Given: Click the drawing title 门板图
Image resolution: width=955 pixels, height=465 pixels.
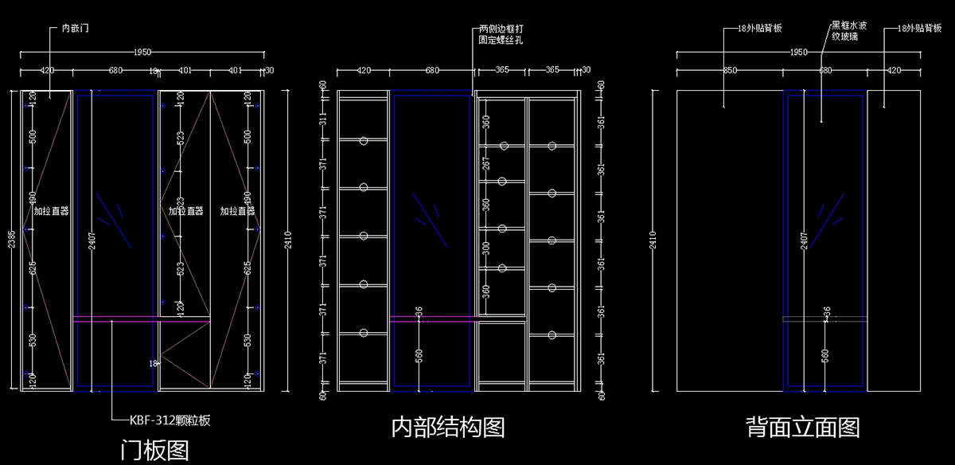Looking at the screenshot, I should click(154, 451).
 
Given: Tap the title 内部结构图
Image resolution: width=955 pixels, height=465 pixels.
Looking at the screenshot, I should click(448, 428).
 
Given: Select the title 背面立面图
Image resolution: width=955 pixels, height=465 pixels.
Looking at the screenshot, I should click(803, 428).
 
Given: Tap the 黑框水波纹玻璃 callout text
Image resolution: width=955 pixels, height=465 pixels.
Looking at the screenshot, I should click(849, 31).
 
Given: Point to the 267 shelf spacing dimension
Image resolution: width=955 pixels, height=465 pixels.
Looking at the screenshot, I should click(485, 163).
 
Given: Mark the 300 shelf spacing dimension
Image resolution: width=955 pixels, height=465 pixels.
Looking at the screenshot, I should click(485, 249).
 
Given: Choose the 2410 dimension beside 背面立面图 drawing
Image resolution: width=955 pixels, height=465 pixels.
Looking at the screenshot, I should click(653, 240).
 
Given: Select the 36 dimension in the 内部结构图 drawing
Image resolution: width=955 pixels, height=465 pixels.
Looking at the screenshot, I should click(419, 311).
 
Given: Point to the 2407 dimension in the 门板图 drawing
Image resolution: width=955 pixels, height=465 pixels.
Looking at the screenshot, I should click(89, 238).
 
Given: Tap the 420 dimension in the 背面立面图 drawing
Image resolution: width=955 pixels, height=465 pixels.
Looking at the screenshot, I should click(894, 71).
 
